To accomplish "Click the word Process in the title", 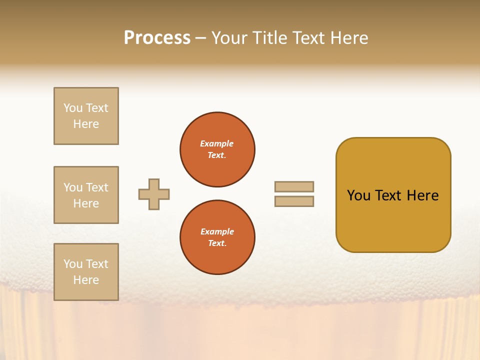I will [x=157, y=38].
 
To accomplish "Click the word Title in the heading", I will [x=269, y=38].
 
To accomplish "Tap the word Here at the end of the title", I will [x=349, y=38].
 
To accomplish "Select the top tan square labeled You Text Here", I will [x=86, y=116].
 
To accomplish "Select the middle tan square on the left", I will [x=86, y=195].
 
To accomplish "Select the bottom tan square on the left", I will [x=86, y=272].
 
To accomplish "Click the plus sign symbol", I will [x=154, y=194].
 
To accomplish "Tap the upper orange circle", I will [x=217, y=149].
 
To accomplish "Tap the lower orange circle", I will [x=217, y=237].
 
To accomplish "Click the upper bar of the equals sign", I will [x=294, y=186].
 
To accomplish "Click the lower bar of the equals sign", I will [x=294, y=201].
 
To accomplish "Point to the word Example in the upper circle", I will [x=216, y=143].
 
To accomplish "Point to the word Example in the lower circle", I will [x=217, y=231].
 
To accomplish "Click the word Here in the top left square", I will [x=86, y=124].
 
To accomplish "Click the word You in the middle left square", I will [x=73, y=187].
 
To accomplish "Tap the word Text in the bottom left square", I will [x=97, y=264].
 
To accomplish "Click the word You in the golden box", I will [x=358, y=195].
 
